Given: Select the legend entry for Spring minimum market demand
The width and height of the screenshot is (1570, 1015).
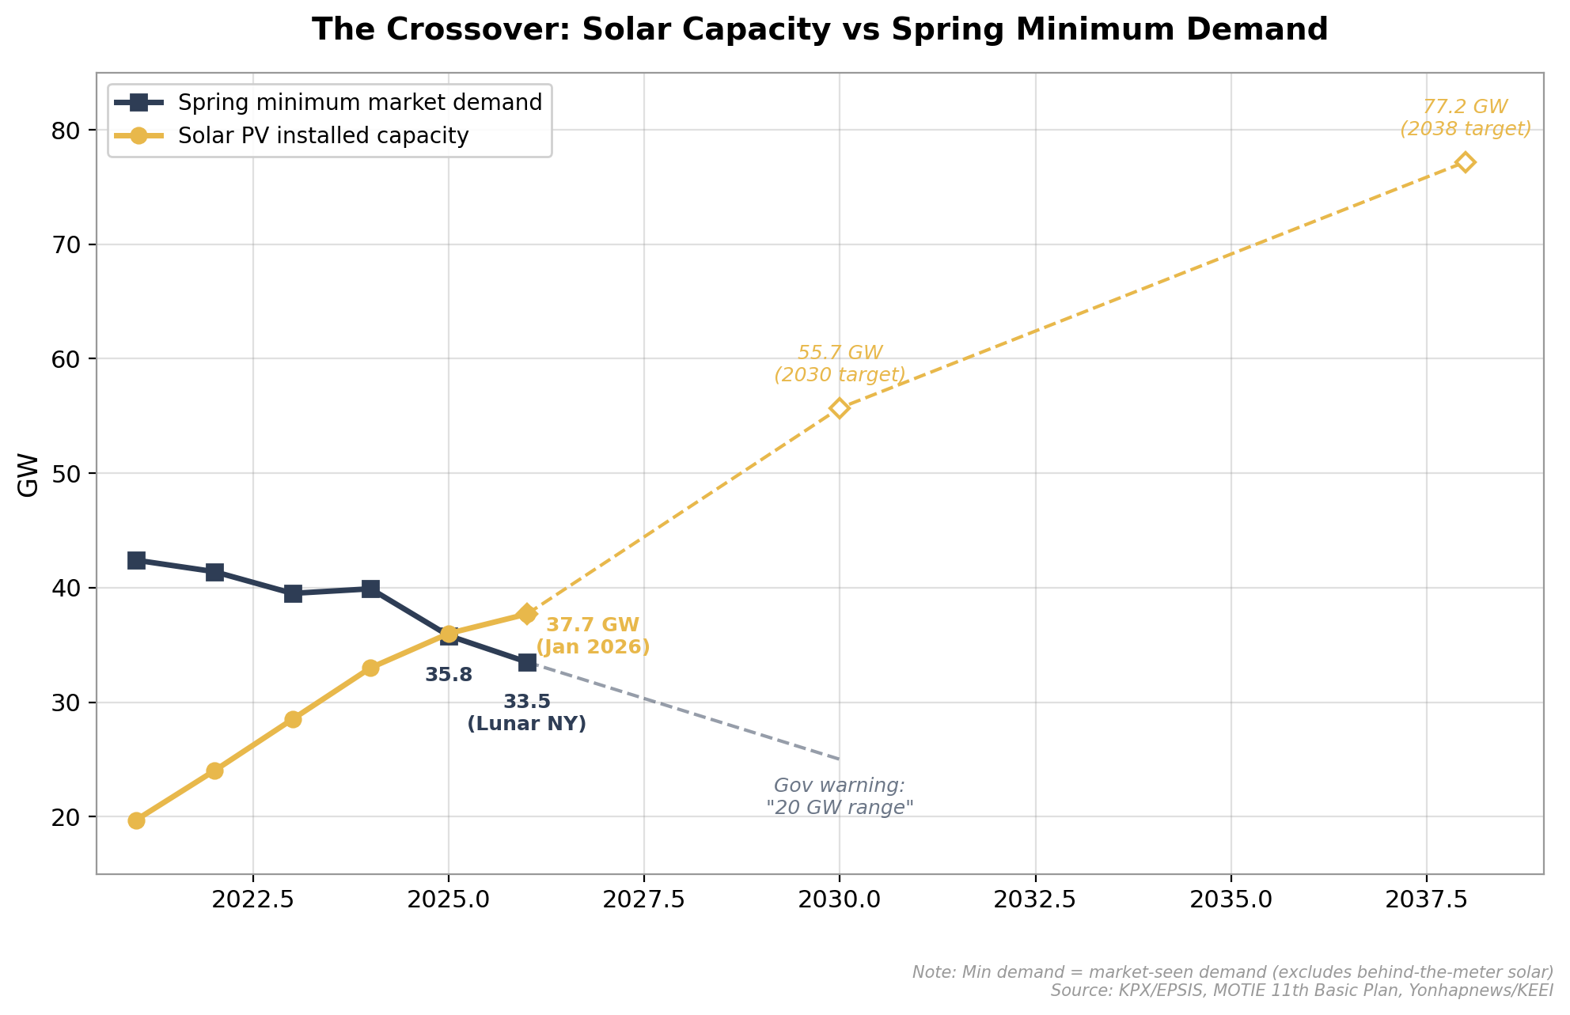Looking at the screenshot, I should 359,103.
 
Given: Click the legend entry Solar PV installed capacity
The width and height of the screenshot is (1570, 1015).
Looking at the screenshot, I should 323,136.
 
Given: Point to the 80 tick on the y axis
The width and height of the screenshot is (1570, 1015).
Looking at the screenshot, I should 68,131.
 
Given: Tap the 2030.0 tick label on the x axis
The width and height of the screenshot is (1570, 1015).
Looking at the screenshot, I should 840,899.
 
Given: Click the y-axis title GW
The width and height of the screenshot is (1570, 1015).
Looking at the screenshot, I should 28,475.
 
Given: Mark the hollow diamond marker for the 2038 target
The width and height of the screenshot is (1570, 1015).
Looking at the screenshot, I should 1465,162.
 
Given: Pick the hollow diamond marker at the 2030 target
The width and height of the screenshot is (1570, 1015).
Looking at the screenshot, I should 840,408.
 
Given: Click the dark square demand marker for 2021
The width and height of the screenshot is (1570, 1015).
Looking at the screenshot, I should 136,560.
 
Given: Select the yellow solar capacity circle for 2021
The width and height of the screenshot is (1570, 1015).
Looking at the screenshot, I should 136,820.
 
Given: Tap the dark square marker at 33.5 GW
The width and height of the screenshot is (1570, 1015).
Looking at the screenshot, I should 527,662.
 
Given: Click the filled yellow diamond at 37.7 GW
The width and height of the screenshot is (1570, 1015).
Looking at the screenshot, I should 527,614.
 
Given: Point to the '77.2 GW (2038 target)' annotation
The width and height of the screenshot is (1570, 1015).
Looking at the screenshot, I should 1465,118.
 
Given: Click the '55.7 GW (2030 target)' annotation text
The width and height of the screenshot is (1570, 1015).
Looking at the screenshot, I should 840,364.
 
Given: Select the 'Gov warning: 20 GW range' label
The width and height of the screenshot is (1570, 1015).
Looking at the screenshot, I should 840,797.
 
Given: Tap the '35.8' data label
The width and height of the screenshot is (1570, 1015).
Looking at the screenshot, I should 449,676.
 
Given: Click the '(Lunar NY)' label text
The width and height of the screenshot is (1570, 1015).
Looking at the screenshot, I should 527,724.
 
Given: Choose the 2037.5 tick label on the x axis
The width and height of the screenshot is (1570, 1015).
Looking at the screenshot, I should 1426,899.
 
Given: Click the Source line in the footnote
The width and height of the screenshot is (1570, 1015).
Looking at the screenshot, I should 1302,990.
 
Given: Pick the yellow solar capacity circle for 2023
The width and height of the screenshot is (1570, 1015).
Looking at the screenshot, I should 293,719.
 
